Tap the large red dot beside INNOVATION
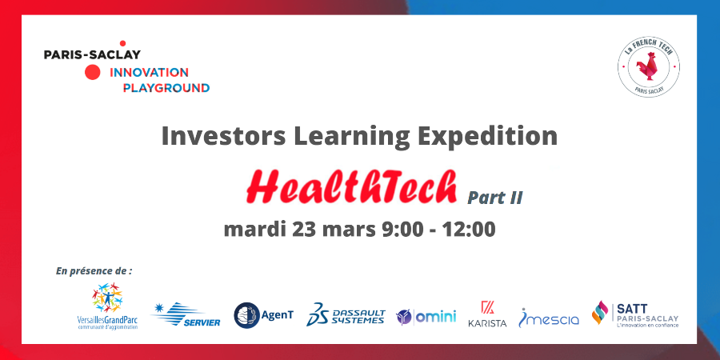(93, 73)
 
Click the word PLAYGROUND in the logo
(166, 87)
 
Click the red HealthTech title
(351, 186)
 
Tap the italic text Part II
(495, 197)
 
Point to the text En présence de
(94, 271)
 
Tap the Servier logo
(179, 314)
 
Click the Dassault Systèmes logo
(346, 314)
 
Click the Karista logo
(487, 314)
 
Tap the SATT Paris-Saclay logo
(635, 314)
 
